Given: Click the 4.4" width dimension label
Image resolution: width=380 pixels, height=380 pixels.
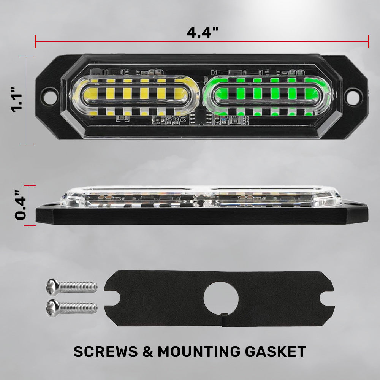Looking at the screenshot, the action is [x=203, y=32].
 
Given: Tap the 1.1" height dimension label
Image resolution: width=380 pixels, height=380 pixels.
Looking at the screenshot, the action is [x=16, y=100].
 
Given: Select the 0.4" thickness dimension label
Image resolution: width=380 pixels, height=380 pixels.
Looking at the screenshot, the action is [x=20, y=205].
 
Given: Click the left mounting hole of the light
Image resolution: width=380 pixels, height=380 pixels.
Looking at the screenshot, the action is [x=50, y=96].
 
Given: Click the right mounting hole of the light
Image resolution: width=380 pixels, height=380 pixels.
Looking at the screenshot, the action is [x=353, y=97].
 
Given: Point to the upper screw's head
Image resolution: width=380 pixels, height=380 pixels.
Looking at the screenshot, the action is [x=52, y=287].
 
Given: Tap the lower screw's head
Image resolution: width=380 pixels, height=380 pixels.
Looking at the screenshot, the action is [x=52, y=308].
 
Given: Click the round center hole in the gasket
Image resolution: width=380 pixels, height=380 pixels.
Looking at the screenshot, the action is [x=221, y=299].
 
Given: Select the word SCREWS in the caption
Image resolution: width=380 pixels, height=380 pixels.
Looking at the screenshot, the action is [x=105, y=351].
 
